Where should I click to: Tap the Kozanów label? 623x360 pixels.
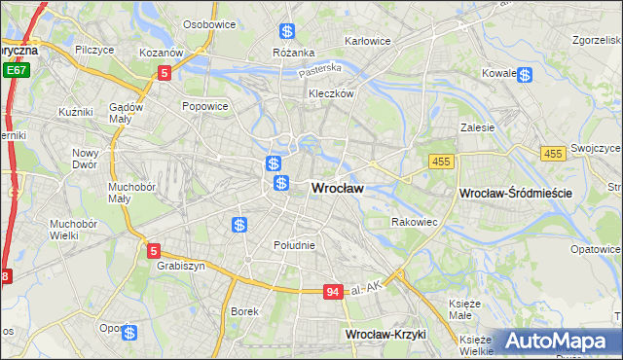coord(162,52)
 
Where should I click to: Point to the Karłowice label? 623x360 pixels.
coord(367,41)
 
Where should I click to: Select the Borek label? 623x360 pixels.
coord(243,312)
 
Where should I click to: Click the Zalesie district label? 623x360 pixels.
coord(478,127)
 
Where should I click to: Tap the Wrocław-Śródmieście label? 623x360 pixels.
coord(514,195)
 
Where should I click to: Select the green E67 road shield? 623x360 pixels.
coord(15,71)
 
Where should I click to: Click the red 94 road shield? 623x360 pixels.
coord(334,291)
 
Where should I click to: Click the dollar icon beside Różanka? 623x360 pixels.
coord(286,32)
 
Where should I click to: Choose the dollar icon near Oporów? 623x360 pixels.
coord(129,333)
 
